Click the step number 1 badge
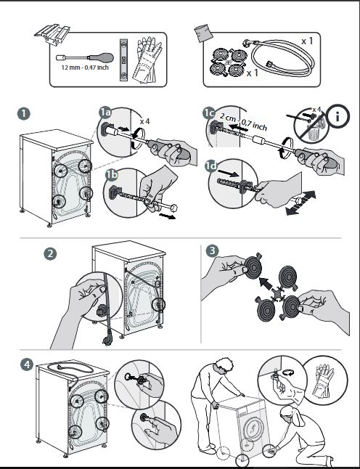click(24, 114)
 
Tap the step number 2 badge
click(50, 254)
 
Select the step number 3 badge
click(212, 250)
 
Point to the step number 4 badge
click(27, 364)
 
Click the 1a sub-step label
click(105, 113)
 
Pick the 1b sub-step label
click(112, 175)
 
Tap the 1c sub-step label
click(209, 113)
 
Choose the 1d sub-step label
click(211, 166)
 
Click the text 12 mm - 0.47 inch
click(85, 68)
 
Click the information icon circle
click(337, 116)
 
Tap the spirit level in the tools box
click(124, 60)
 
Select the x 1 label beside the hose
click(307, 41)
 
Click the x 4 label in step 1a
click(144, 121)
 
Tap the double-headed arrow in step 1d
click(300, 203)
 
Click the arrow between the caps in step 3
click(266, 283)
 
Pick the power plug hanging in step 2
click(107, 340)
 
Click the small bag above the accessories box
click(203, 33)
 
